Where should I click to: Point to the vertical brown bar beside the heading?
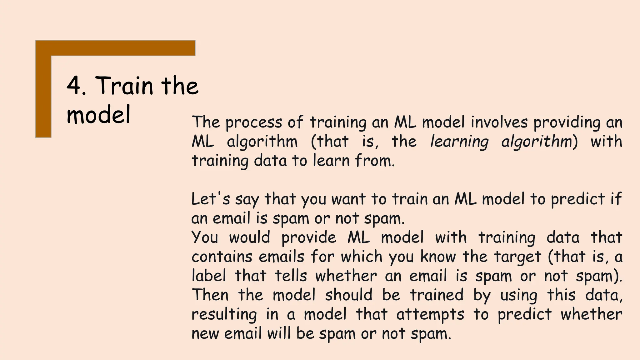point(43,94)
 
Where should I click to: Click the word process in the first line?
point(253,122)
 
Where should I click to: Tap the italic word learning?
point(459,142)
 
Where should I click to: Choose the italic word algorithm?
point(537,142)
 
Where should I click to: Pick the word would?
point(249,237)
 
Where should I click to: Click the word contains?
point(222,257)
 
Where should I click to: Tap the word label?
point(208,276)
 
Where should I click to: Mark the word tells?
point(291,276)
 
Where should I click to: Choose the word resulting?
point(224,314)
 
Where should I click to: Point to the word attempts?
point(430,314)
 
